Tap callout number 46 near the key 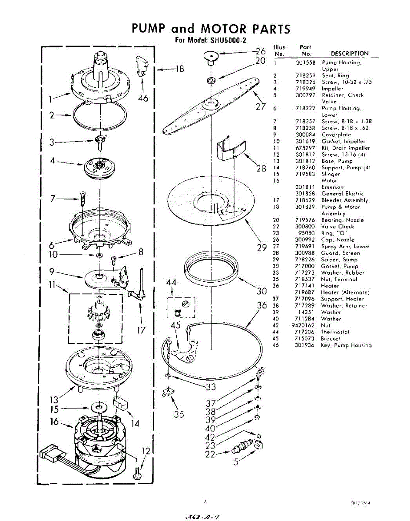(142, 98)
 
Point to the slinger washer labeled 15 (99, 408)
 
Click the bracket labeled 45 (182, 353)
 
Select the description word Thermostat (335, 332)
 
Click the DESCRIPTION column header (350, 53)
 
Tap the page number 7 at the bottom (204, 502)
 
